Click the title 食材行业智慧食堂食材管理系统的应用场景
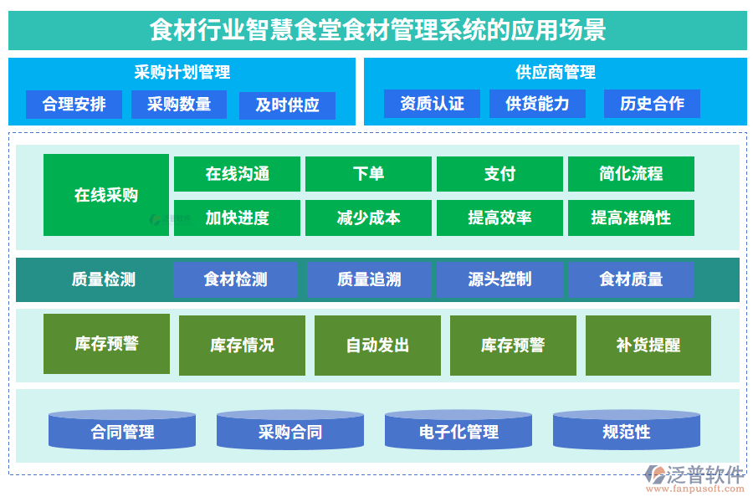pos(377,31)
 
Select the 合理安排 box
pos(74,105)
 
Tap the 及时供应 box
pos(287,105)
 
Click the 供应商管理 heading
pos(556,73)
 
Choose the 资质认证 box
pos(432,104)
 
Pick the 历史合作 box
pos(652,104)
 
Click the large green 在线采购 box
pos(106,195)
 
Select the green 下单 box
pos(368,174)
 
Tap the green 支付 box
pos(499,174)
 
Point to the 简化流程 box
pos(631,174)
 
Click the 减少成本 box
pos(368,218)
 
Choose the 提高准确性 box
pos(631,218)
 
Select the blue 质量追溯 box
pos(369,279)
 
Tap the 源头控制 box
pos(499,279)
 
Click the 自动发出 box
pos(377,345)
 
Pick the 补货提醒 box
pos(648,345)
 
